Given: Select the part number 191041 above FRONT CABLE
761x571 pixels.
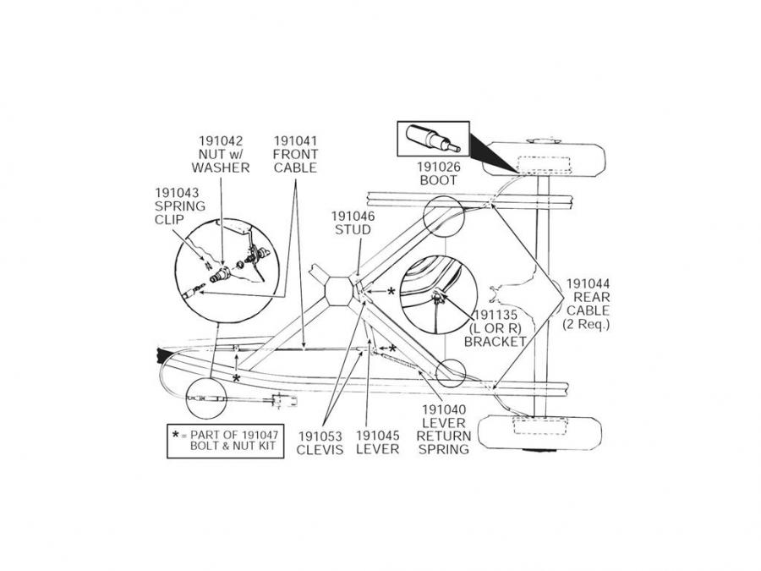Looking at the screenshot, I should [294, 140].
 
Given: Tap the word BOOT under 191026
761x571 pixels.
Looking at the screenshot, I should [437, 180].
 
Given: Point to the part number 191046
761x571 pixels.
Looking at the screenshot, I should [353, 217].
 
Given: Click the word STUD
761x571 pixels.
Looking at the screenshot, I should [353, 229].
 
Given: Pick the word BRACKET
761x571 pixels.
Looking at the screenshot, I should [495, 342].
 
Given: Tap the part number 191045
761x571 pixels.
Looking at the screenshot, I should [377, 436].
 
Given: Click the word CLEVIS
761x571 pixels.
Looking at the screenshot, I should [320, 449].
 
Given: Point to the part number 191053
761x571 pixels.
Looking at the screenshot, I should [320, 436].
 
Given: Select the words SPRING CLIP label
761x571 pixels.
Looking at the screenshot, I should [175, 206].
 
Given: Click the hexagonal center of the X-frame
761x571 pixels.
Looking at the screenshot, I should [339, 293].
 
